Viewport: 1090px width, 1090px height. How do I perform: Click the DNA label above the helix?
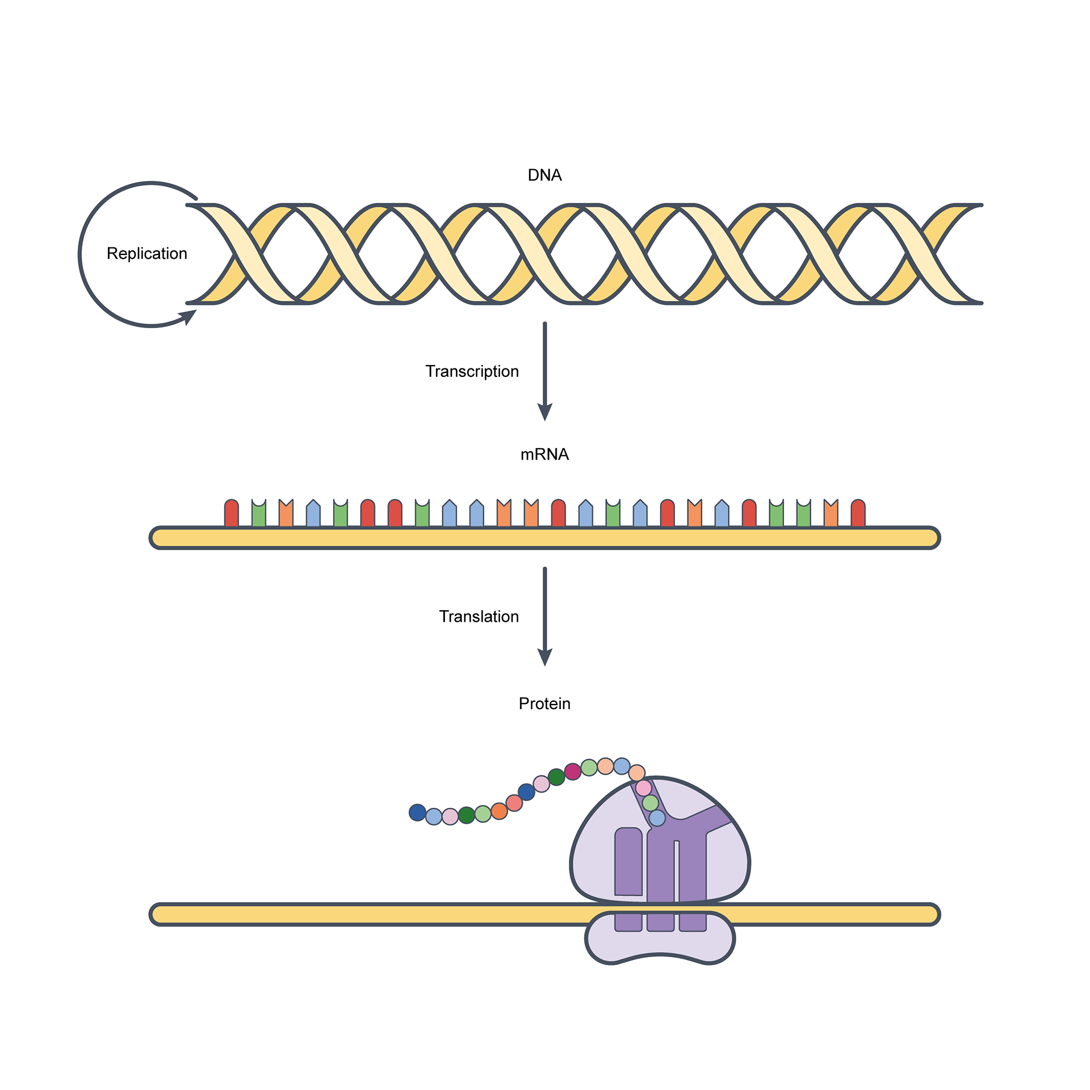544,175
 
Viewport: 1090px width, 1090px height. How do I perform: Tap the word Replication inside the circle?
146,254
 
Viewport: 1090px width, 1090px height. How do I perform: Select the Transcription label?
472,371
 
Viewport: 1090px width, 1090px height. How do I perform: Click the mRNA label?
544,454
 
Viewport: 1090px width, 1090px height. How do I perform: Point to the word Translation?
479,617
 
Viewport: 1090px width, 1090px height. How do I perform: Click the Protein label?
544,704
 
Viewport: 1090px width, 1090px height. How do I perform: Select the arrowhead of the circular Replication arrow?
188,316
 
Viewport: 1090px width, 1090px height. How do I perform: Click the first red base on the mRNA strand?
231,514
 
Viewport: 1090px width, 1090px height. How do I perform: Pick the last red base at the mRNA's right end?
858,514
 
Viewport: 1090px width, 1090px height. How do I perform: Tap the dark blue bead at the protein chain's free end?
417,812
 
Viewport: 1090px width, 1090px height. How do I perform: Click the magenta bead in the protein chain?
572,772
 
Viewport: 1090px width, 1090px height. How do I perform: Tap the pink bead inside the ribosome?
643,788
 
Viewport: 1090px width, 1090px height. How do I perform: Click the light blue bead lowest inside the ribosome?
657,818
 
